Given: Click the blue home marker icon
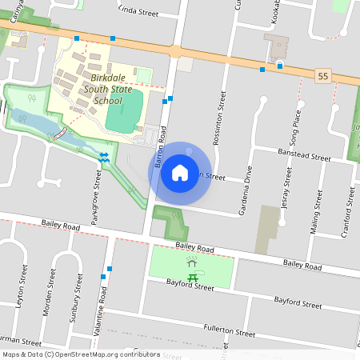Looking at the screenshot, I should click(180, 172).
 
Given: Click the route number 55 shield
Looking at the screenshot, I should click(323, 74).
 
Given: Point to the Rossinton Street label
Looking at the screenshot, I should click(220, 117).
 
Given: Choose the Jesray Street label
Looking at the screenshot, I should click(286, 190).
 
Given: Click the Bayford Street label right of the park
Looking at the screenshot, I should click(298, 302).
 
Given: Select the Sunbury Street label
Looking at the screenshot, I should click(77, 294).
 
